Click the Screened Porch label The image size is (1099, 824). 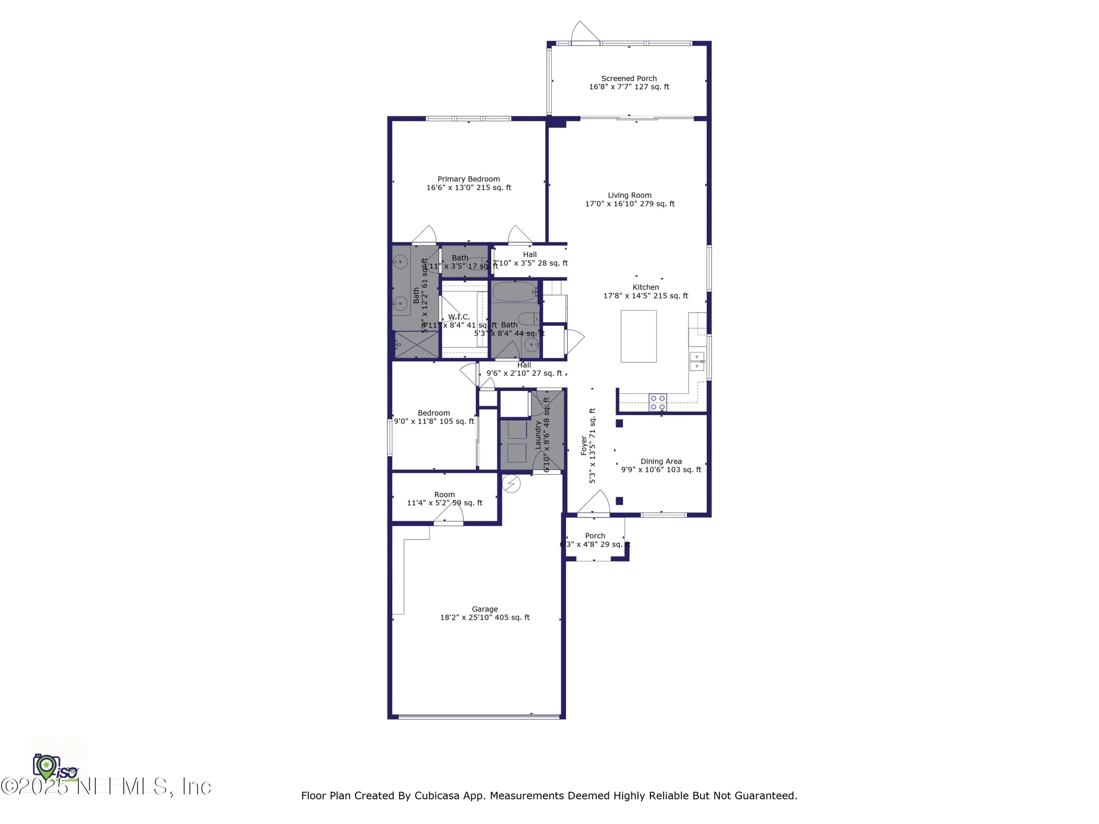629,79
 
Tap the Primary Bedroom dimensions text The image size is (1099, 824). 468,188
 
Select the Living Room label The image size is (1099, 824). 629,196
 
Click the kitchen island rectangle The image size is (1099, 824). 638,336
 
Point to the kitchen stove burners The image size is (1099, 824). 658,403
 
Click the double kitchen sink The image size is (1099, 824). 696,361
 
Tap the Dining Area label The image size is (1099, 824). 660,461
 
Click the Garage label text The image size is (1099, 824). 484,609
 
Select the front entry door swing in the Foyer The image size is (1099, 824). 596,503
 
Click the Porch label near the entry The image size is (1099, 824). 595,536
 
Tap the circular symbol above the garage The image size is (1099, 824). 511,483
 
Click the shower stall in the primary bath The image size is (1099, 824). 416,344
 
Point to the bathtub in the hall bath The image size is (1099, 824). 514,292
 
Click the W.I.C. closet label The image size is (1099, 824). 458,317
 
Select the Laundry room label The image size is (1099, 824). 538,435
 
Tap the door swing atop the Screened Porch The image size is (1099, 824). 584,32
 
